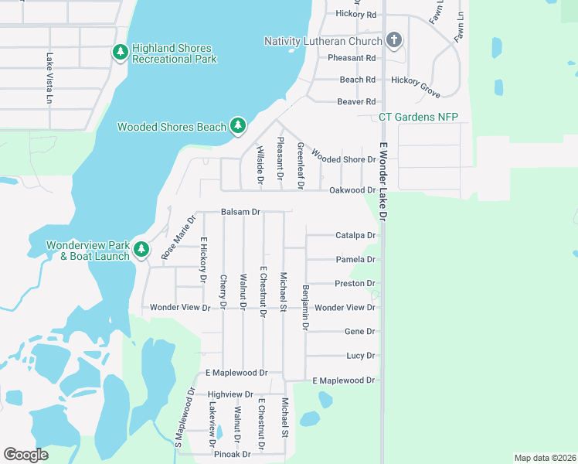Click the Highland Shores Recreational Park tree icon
[x=120, y=52]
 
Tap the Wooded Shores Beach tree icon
[x=238, y=125]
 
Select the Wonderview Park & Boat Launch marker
[x=141, y=249]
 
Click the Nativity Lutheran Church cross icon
[x=393, y=40]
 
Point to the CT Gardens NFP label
[x=418, y=117]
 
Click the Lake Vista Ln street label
[x=48, y=79]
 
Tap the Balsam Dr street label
[x=240, y=211]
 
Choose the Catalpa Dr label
[x=355, y=235]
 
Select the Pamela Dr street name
[x=355, y=260]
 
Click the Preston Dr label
[x=355, y=284]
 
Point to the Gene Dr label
[x=359, y=332]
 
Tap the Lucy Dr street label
[x=360, y=356]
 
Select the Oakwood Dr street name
[x=352, y=190]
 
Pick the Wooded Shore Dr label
[x=346, y=159]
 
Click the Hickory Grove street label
[x=416, y=85]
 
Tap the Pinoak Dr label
[x=233, y=454]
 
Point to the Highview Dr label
[x=230, y=394]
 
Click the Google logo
[x=25, y=455]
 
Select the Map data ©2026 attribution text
[x=544, y=458]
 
